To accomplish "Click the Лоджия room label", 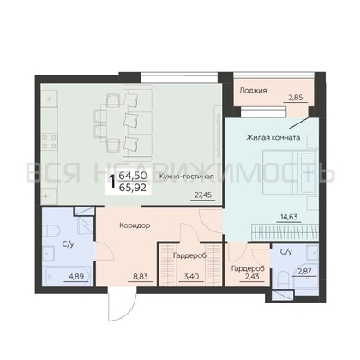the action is point(253,91).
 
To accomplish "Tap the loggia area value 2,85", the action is point(296,97).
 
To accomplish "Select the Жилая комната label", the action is point(273,137).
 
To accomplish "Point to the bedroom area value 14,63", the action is point(289,217).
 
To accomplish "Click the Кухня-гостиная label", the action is point(187,177).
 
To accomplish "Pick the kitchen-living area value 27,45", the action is point(203,195).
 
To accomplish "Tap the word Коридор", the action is point(135,225).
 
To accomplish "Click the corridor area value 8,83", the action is point(140,276).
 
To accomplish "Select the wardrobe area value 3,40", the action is point(191,276).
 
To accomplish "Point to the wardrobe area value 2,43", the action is point(252,276).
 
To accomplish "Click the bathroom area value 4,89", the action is point(76,276).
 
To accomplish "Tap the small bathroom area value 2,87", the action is point(304,271).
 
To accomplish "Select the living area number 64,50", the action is point(133,176).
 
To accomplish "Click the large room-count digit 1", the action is point(112,181).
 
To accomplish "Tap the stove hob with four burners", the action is point(49,141).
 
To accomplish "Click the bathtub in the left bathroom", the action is point(67,276).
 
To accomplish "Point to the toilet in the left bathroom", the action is point(51,231).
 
